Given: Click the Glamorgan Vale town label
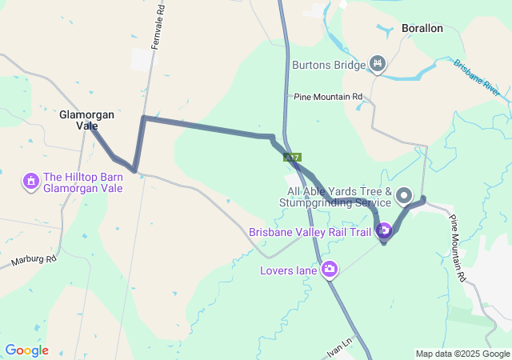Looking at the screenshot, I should pos(86,120).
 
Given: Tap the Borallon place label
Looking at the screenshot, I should pos(422,28).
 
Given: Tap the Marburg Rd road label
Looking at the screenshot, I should pos(34,260).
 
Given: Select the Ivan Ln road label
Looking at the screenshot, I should pos(339,350).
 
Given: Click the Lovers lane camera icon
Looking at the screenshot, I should pos(330,270).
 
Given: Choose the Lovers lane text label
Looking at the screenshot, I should pos(289,270).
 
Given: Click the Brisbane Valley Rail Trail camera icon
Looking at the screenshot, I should pos(384,231).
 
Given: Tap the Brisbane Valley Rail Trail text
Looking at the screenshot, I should pos(310,233).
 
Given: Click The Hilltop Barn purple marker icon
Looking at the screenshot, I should pos(30,182).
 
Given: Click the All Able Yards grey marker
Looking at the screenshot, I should pos(404,195).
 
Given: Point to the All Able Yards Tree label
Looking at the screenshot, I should pos(339,197).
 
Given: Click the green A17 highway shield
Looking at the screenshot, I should pos(291,158).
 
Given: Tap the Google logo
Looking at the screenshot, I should pos(26,350).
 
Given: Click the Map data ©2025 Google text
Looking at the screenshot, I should pos(462,354).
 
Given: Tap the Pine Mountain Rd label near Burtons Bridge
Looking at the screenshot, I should pos(328,97).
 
